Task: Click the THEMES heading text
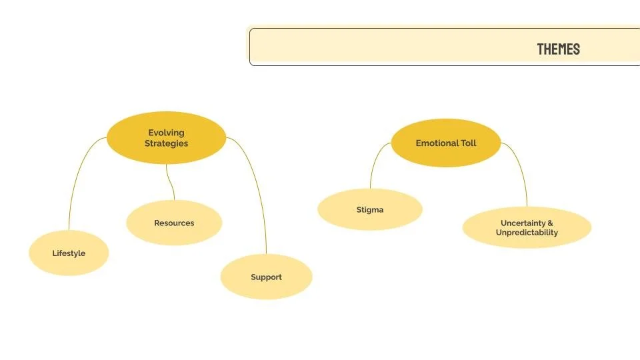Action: pos(558,49)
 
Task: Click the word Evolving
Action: pos(166,133)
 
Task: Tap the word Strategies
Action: pos(166,143)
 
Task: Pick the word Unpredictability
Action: pos(527,233)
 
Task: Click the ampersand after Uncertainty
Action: pos(550,223)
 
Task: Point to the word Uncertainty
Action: pos(523,223)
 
